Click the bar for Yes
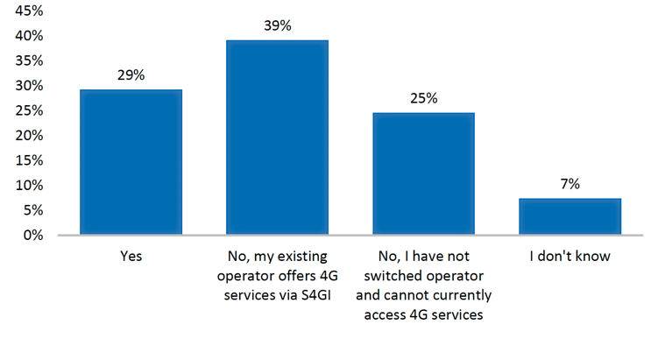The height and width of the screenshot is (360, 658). (x=131, y=162)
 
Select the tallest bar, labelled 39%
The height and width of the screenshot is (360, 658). (x=278, y=138)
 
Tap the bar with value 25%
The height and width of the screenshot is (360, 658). (x=424, y=173)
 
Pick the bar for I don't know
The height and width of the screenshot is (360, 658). (x=570, y=216)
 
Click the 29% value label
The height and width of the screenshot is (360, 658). (x=131, y=75)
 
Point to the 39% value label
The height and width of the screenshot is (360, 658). (x=278, y=25)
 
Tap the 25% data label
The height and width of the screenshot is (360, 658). (x=424, y=98)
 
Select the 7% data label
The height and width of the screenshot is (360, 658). (x=570, y=184)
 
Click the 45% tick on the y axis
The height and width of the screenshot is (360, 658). (x=30, y=11)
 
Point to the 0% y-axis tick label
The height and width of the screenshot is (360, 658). (x=33, y=235)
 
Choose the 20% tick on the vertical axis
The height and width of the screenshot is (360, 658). (x=30, y=136)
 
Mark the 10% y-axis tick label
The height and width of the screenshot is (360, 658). (x=30, y=185)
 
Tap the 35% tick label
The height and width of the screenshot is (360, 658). (x=30, y=60)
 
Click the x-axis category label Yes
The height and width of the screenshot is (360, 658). (x=131, y=256)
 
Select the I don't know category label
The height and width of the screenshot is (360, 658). (x=570, y=256)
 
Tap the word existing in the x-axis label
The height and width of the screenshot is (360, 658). (x=302, y=257)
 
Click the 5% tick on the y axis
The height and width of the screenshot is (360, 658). (x=33, y=210)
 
